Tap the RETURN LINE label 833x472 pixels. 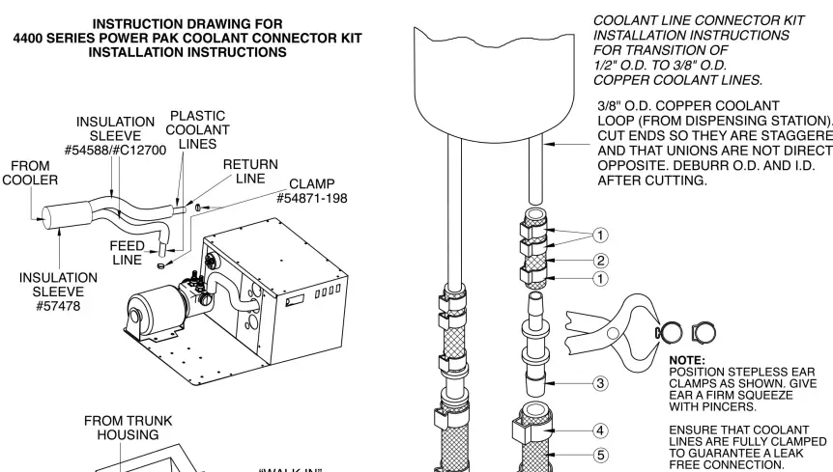(250, 173)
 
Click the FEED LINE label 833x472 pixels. (126, 253)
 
